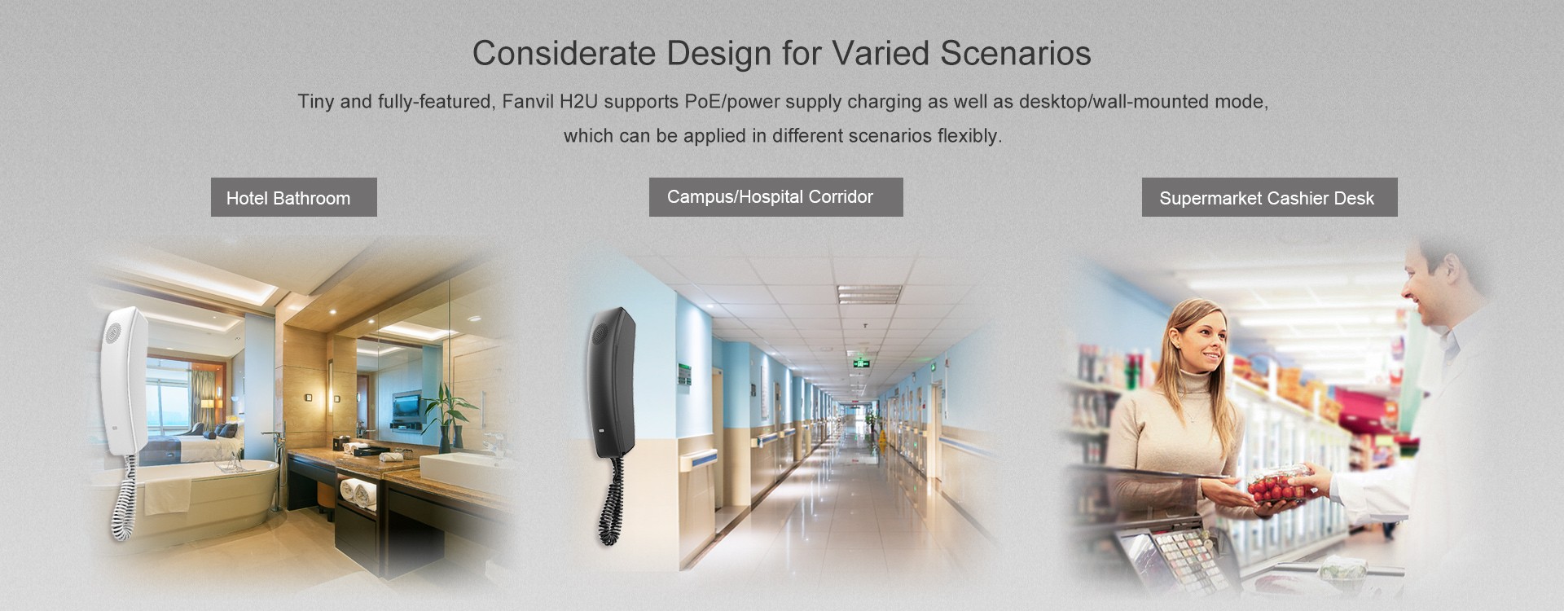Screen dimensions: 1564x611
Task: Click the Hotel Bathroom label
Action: tap(293, 197)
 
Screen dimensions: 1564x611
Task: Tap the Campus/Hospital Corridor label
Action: tap(775, 197)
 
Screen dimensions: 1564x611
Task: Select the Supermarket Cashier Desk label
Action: tap(1269, 197)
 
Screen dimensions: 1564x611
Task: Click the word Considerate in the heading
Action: tap(564, 53)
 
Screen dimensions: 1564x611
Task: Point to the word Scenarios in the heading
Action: tap(1016, 53)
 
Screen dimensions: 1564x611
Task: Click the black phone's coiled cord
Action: tap(608, 500)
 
